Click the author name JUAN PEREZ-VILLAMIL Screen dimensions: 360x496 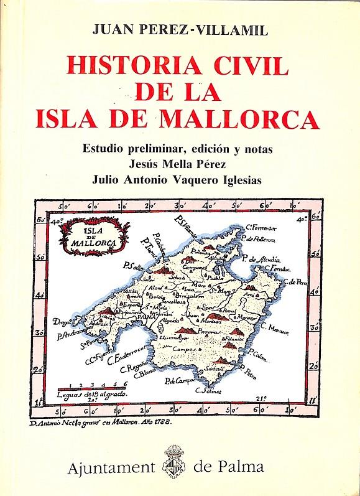point(180,28)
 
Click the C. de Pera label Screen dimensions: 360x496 point(297,281)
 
